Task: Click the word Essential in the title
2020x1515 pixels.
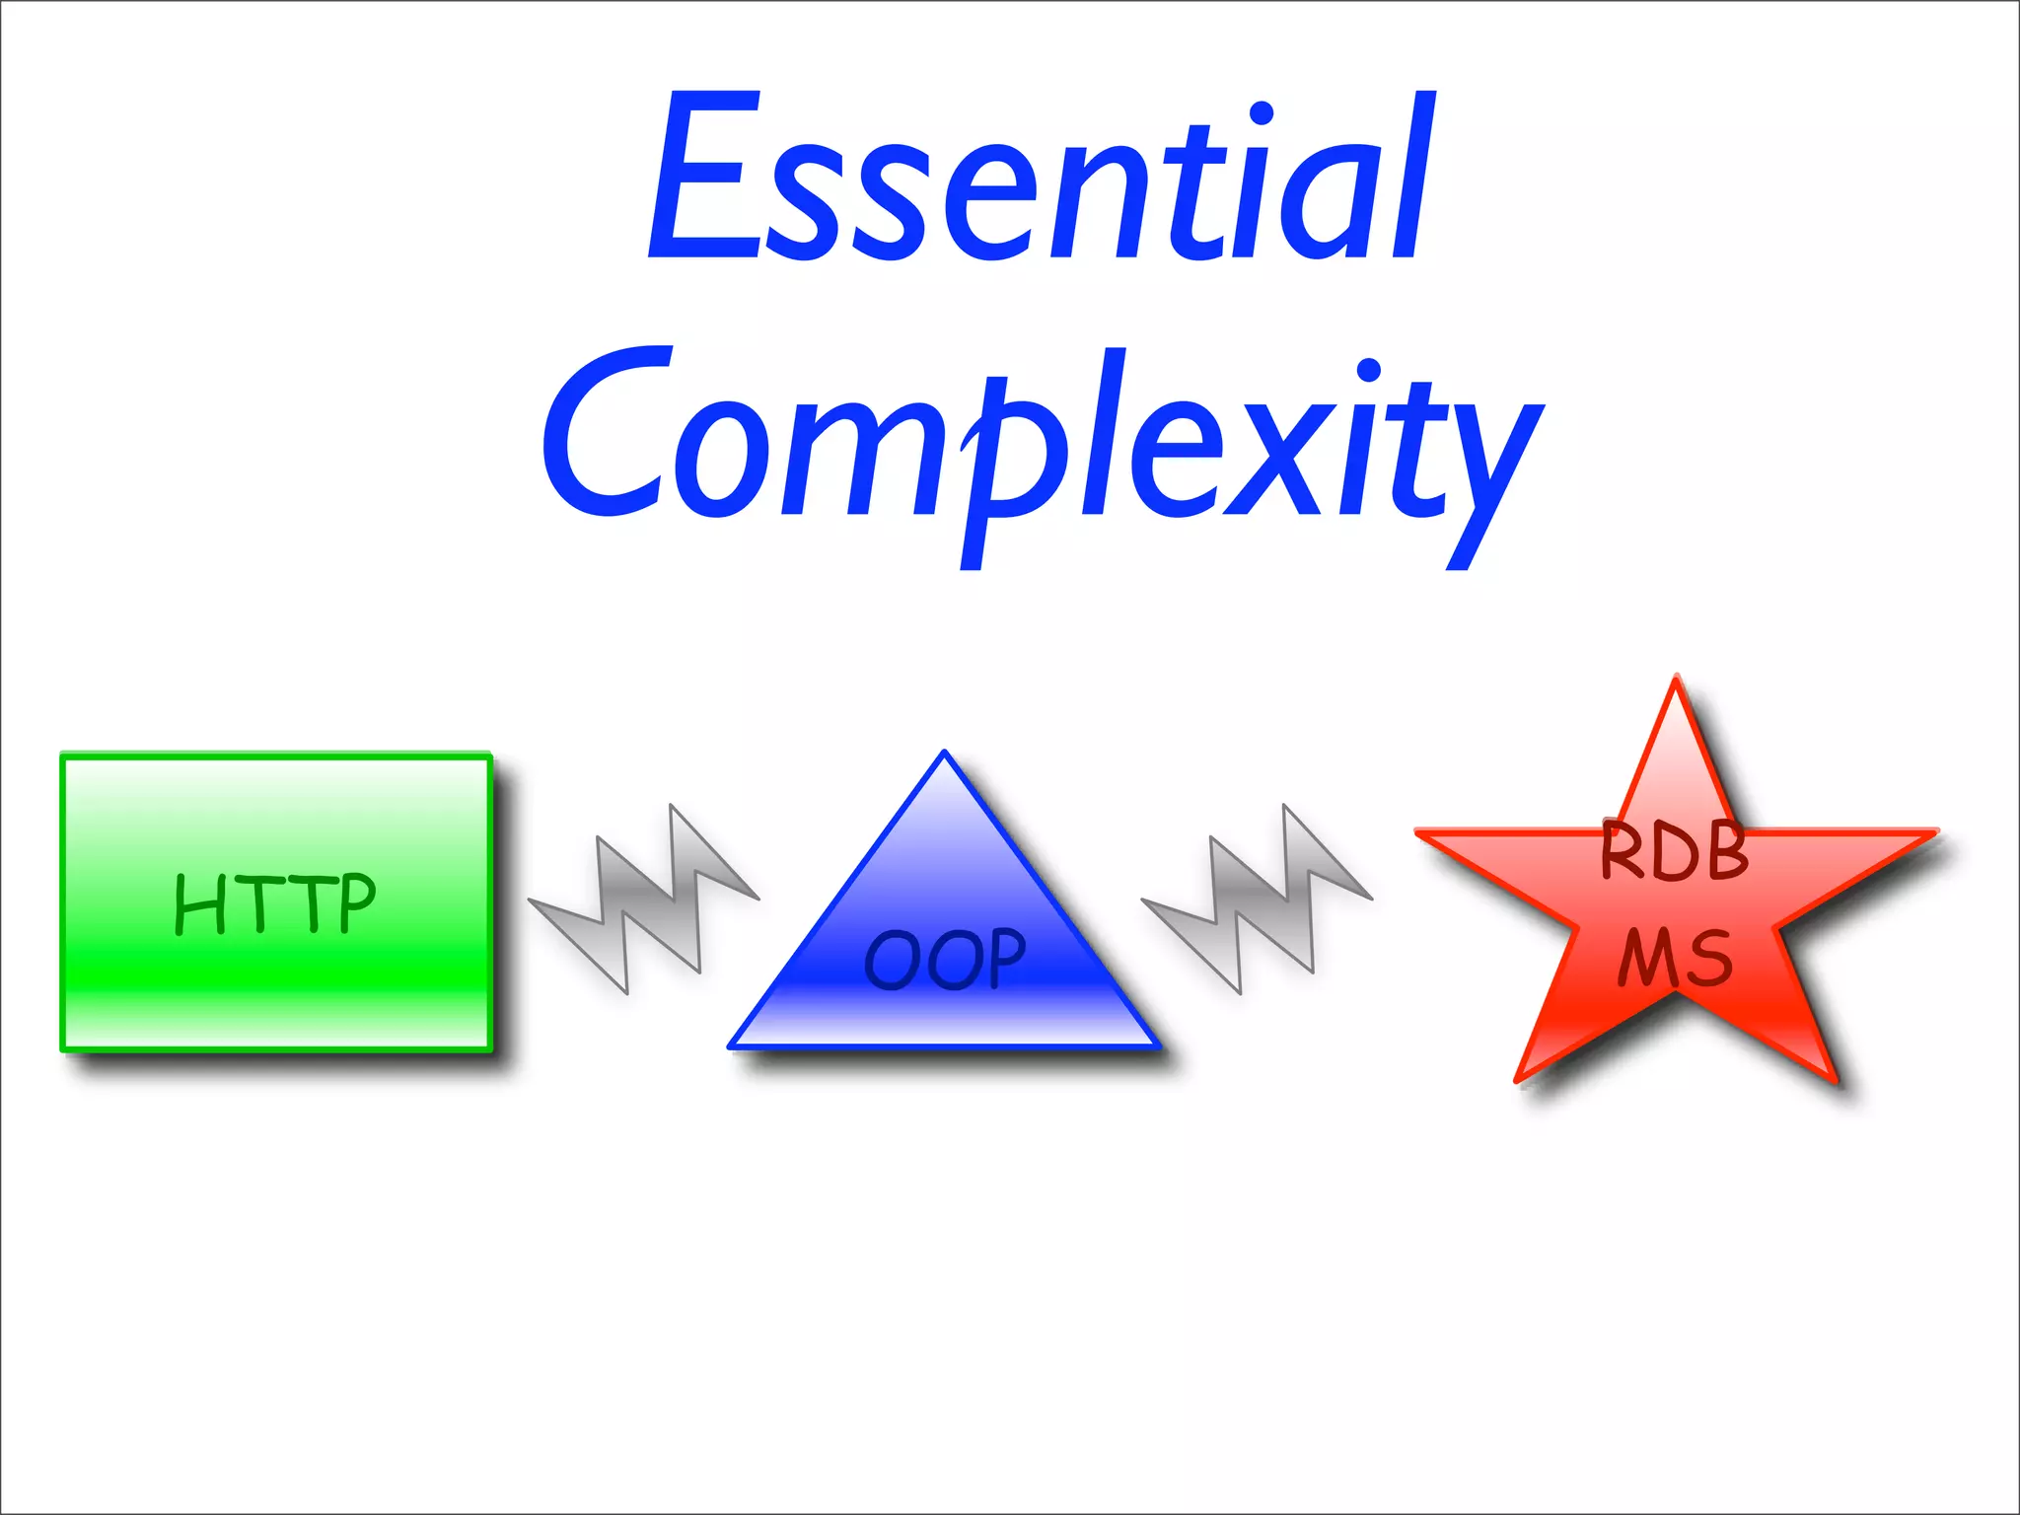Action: coord(1041,178)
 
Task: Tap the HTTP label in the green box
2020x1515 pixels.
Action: coord(275,903)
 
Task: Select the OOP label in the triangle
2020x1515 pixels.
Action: coord(945,960)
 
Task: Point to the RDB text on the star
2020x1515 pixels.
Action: coord(1674,850)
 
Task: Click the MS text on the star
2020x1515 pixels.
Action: coord(1674,959)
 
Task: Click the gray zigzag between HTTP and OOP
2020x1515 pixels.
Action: coord(644,900)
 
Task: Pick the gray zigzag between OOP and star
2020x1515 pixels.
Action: coord(1257,900)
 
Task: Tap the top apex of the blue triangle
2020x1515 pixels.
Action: coord(944,756)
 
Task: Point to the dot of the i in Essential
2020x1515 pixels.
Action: coord(1260,114)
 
